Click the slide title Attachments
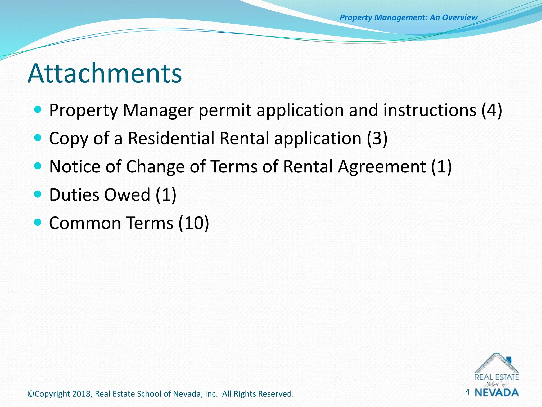tap(105, 73)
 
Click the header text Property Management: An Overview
tap(408, 17)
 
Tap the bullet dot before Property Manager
tap(38, 109)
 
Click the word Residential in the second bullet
tap(171, 138)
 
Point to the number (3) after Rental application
tap(377, 138)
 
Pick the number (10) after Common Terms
tap(193, 223)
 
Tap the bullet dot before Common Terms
tap(38, 222)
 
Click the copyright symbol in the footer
tap(31, 394)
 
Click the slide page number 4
tap(467, 392)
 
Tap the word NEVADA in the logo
tap(497, 393)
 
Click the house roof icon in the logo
tap(496, 363)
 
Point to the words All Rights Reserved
tap(258, 394)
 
